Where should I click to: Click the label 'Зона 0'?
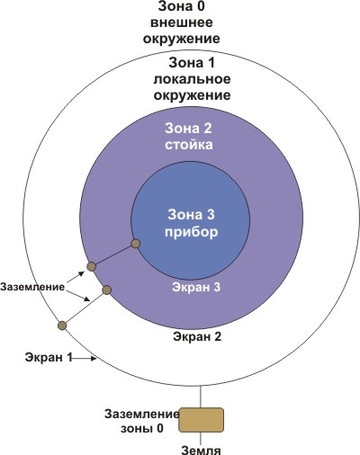(181, 6)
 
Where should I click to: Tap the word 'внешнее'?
(182, 22)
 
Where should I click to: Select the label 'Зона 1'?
(192, 63)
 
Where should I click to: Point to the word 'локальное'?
(192, 79)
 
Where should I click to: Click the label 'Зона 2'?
(188, 129)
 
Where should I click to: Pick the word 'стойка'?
(189, 145)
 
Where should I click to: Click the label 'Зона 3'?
(192, 215)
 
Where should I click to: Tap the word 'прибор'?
(192, 232)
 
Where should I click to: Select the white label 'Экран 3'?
(196, 287)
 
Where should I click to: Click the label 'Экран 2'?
(197, 336)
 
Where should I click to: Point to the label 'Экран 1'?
(49, 358)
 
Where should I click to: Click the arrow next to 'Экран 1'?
(85, 358)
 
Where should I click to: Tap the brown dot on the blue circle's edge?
(136, 244)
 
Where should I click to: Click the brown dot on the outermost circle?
(62, 326)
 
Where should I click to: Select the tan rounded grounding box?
(201, 420)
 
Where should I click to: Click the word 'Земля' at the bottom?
(202, 451)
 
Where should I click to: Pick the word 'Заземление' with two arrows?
(32, 287)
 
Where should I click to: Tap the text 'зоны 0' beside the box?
(142, 428)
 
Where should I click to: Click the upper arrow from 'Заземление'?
(76, 277)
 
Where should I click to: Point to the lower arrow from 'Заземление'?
(78, 296)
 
